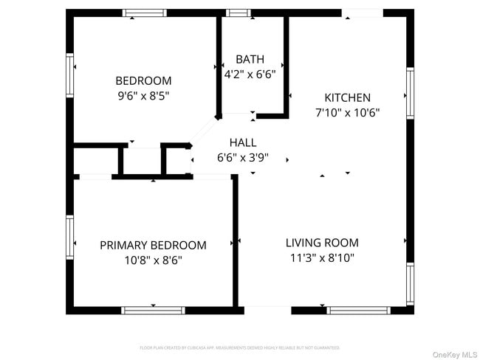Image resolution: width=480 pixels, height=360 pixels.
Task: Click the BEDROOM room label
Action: pyautogui.click(x=143, y=80)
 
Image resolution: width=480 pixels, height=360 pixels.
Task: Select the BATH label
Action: pyautogui.click(x=250, y=59)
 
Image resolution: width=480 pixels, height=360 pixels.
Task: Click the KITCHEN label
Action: pyautogui.click(x=347, y=97)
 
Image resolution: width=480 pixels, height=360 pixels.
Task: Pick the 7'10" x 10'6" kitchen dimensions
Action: pyautogui.click(x=347, y=113)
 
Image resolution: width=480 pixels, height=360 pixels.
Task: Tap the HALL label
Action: pyautogui.click(x=243, y=142)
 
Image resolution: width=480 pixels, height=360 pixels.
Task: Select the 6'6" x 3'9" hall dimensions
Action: pyautogui.click(x=243, y=157)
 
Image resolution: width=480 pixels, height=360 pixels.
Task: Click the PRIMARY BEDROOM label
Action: pyautogui.click(x=153, y=245)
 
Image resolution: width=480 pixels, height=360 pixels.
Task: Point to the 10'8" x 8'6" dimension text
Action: pyautogui.click(x=153, y=260)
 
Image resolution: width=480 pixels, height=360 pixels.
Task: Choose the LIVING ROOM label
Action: pyautogui.click(x=322, y=242)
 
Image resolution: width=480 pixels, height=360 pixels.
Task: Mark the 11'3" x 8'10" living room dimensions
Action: pyautogui.click(x=322, y=257)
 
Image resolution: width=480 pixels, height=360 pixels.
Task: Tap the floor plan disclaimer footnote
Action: pyautogui.click(x=240, y=347)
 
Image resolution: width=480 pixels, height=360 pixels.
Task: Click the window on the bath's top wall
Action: pyautogui.click(x=237, y=13)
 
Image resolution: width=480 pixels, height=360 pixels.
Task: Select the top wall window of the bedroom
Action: pyautogui.click(x=144, y=13)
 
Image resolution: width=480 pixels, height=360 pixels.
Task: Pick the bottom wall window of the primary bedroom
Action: pyautogui.click(x=153, y=311)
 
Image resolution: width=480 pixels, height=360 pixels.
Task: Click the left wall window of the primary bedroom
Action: pyautogui.click(x=70, y=234)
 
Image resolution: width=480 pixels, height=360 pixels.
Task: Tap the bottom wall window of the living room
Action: pyautogui.click(x=360, y=311)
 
